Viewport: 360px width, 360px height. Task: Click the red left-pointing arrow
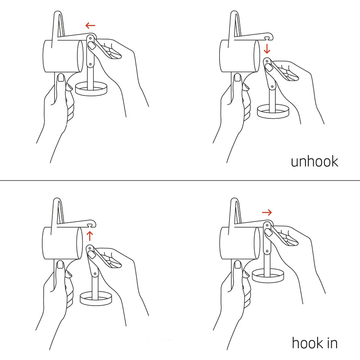click(x=90, y=25)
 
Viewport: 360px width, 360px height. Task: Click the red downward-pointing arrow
click(x=267, y=49)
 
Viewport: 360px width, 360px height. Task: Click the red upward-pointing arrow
click(x=90, y=236)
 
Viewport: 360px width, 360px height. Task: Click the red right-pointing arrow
click(x=267, y=212)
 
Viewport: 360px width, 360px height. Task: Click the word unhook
click(x=314, y=162)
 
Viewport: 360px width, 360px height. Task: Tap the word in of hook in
click(x=333, y=343)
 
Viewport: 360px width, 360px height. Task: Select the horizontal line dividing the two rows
click(x=180, y=180)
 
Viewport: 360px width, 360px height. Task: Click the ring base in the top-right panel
click(x=273, y=116)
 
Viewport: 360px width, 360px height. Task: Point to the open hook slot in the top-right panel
click(x=267, y=37)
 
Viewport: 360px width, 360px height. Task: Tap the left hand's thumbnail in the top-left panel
click(x=61, y=77)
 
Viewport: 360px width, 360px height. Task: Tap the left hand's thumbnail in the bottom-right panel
click(x=238, y=265)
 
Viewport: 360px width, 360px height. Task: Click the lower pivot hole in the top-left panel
click(x=90, y=64)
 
